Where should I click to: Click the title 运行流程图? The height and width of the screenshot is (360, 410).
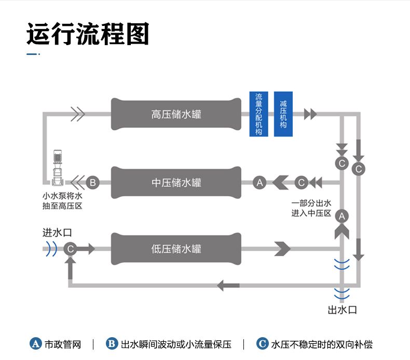click(88, 34)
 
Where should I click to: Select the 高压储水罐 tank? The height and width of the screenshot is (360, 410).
click(176, 114)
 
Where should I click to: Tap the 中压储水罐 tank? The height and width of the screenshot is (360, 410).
click(176, 183)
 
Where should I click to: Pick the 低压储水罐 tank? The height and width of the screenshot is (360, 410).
click(176, 249)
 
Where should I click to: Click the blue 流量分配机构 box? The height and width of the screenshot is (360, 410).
click(259, 114)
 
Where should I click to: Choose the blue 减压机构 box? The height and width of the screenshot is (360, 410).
click(283, 114)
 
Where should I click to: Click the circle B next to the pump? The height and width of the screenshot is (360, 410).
click(92, 183)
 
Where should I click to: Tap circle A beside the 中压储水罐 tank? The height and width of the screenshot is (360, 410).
click(260, 183)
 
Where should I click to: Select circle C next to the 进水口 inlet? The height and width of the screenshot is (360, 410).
click(71, 249)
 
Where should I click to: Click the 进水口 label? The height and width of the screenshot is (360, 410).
click(57, 232)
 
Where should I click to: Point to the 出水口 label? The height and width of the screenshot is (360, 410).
click(343, 310)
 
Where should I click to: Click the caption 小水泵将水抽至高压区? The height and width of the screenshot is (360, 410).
click(62, 201)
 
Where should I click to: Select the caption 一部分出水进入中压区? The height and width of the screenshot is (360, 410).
click(311, 208)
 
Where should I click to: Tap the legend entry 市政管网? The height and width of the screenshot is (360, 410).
click(56, 344)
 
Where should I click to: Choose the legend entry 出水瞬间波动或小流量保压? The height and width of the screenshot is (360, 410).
click(169, 344)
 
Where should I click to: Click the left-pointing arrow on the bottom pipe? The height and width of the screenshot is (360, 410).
click(228, 285)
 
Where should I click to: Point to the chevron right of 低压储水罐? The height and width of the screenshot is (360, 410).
click(282, 249)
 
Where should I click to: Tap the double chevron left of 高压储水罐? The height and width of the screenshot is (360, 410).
click(77, 114)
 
